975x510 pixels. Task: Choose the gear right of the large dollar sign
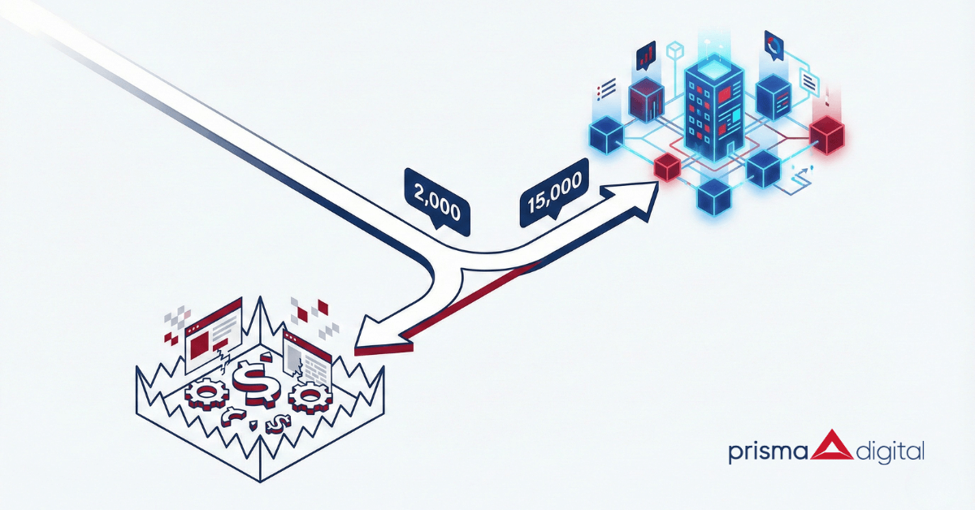pyautogui.click(x=307, y=398)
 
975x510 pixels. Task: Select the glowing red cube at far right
pyautogui.click(x=829, y=134)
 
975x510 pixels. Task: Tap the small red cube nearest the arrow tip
pyautogui.click(x=666, y=167)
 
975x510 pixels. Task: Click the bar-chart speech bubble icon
pyautogui.click(x=647, y=54)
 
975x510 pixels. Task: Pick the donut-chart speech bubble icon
pyautogui.click(x=773, y=45)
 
